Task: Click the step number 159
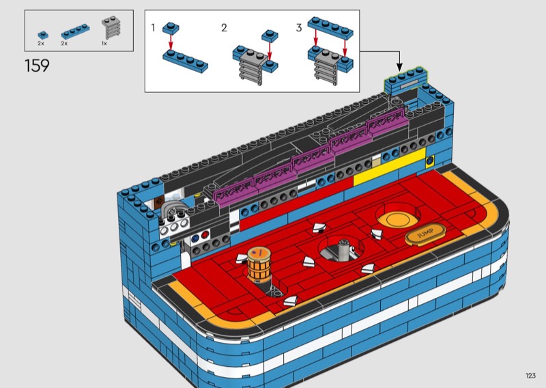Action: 37,66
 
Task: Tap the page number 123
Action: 530,375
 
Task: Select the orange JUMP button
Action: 425,233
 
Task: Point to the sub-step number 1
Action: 153,27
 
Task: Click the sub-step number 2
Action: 224,27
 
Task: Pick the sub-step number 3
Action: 299,27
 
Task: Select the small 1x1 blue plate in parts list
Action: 43,36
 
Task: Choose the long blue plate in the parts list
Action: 75,31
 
